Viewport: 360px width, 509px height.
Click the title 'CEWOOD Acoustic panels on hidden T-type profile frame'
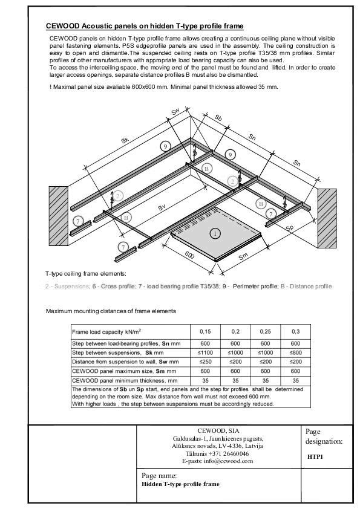tap(145, 26)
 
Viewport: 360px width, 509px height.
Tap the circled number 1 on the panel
tap(214, 233)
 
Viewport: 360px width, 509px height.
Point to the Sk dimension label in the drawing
tap(125, 140)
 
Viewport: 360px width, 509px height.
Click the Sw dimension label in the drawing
tap(175, 111)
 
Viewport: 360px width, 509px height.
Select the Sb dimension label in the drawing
tap(218, 117)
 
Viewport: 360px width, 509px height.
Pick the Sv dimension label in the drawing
tap(162, 207)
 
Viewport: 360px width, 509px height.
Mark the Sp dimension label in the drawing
tap(290, 228)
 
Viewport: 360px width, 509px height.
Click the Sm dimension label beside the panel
tap(243, 256)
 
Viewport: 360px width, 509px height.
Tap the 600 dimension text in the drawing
tap(189, 256)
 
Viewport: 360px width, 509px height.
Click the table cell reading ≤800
tap(295, 352)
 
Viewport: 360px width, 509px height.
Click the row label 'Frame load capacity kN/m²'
tap(107, 332)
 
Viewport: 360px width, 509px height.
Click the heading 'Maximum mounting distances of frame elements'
tap(111, 311)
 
